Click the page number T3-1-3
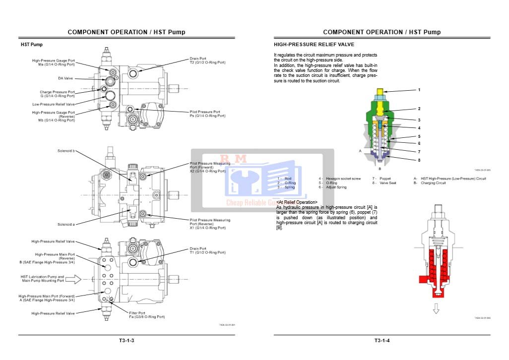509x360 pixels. tap(127, 340)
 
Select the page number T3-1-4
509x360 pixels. tap(382, 340)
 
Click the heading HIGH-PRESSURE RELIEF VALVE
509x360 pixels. tap(314, 45)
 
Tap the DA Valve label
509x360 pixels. tap(65, 78)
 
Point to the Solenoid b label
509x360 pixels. tap(66, 151)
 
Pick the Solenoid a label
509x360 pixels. tap(66, 224)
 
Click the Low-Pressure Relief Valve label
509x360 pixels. tap(54, 104)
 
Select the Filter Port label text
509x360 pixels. tap(137, 313)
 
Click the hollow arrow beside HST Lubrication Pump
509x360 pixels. tap(73, 279)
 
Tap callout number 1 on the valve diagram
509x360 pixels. tap(419, 90)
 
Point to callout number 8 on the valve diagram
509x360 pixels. tap(419, 160)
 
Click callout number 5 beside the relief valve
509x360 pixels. tap(419, 136)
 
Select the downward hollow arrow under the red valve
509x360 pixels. tap(436, 309)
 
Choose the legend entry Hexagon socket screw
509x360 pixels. tap(340, 179)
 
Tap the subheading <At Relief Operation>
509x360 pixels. tap(297, 202)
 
